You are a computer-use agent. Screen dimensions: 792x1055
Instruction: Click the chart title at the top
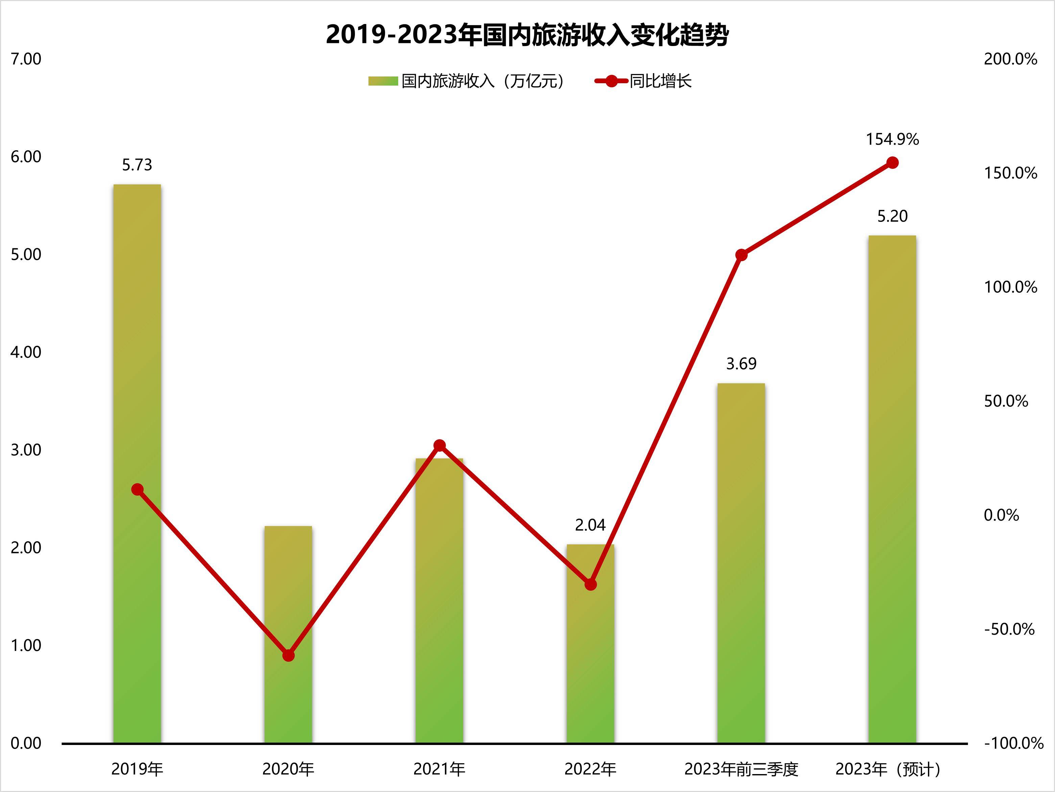pos(527,35)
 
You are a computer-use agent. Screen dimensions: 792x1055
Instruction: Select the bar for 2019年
pos(137,463)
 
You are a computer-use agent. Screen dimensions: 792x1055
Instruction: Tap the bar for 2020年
pos(288,635)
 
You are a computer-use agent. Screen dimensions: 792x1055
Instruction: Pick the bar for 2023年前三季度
pos(741,563)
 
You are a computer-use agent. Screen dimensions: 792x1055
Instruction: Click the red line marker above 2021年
pos(440,446)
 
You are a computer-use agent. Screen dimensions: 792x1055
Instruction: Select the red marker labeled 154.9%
pos(892,163)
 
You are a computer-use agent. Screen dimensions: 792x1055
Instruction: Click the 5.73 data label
pos(137,165)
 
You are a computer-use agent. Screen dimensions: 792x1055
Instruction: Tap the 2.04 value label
pos(590,525)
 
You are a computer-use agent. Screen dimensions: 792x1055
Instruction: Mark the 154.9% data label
pos(892,139)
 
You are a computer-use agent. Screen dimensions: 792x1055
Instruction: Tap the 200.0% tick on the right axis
pos(1010,59)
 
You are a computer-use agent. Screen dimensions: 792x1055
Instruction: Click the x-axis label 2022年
pos(590,769)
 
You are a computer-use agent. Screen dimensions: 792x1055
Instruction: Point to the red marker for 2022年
pos(591,584)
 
